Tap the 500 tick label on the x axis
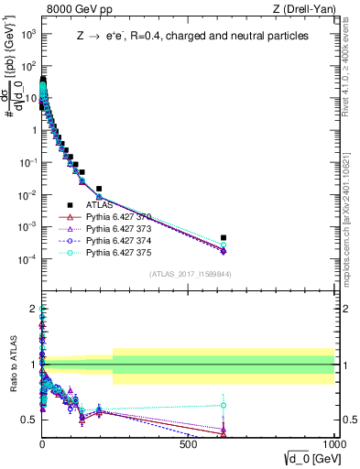pos(189,443)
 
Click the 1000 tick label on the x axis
pos(333,443)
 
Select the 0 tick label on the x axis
pos(42,443)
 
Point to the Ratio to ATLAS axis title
pos(13,365)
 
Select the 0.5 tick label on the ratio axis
pos(28,420)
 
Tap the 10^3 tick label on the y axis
pos(27,34)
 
